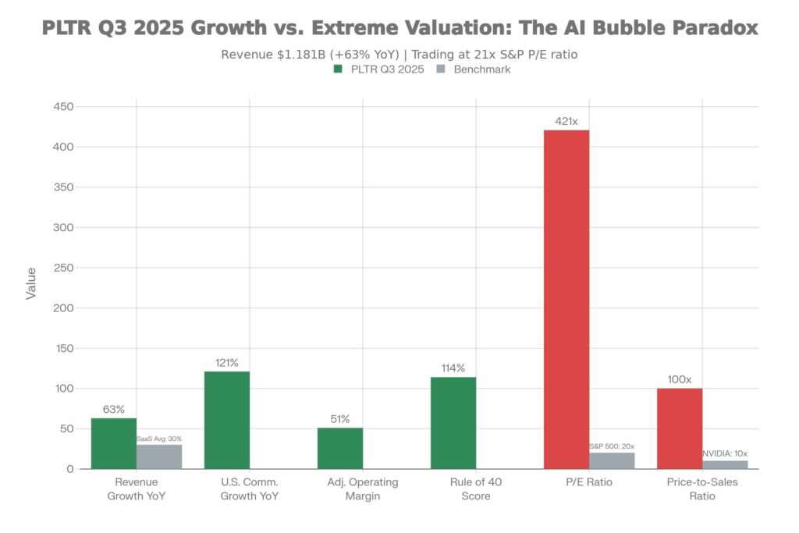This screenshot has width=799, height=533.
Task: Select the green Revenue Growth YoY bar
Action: [x=114, y=443]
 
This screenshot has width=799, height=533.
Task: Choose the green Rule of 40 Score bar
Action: [x=453, y=423]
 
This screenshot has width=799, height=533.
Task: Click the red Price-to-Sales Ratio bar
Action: [x=680, y=428]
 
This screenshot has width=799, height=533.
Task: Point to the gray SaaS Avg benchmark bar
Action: [x=159, y=457]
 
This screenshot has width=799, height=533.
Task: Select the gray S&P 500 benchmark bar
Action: [x=612, y=460]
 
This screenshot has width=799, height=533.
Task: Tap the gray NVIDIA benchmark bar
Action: [x=725, y=464]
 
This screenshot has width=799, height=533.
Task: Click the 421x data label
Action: [x=566, y=122]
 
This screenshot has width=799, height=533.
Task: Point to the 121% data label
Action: [x=227, y=363]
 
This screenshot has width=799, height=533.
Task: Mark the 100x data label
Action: [x=680, y=379]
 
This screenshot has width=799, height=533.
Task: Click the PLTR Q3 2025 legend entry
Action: [x=379, y=69]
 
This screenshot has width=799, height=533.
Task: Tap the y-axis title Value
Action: [x=31, y=283]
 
